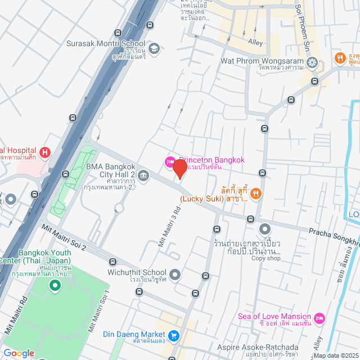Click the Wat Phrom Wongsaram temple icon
coord(313,62)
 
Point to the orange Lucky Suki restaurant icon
coord(256,193)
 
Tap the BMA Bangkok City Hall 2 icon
coord(143,177)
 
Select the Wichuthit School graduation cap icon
coord(175,274)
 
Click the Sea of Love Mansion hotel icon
coord(319,318)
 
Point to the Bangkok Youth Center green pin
coord(55,287)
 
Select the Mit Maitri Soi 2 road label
coord(64,237)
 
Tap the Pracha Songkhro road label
coord(333,232)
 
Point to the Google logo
coord(19,353)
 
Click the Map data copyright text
coord(335,355)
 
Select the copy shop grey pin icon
coord(264,229)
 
